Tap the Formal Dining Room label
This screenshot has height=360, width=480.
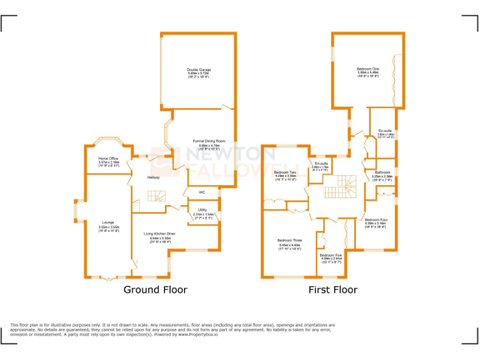208,141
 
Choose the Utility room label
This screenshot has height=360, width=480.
202,209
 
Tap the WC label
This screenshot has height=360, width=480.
202,192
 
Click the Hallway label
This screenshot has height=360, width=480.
153,177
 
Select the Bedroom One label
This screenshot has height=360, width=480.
367,69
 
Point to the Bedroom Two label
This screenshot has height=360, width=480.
285,172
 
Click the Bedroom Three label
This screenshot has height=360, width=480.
289,240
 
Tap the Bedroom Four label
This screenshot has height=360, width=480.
376,220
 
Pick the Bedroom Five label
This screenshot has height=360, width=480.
331,256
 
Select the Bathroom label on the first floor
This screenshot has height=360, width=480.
382,172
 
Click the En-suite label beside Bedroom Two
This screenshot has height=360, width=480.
321,163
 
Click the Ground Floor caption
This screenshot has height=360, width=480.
154,289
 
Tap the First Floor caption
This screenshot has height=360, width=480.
332,289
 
